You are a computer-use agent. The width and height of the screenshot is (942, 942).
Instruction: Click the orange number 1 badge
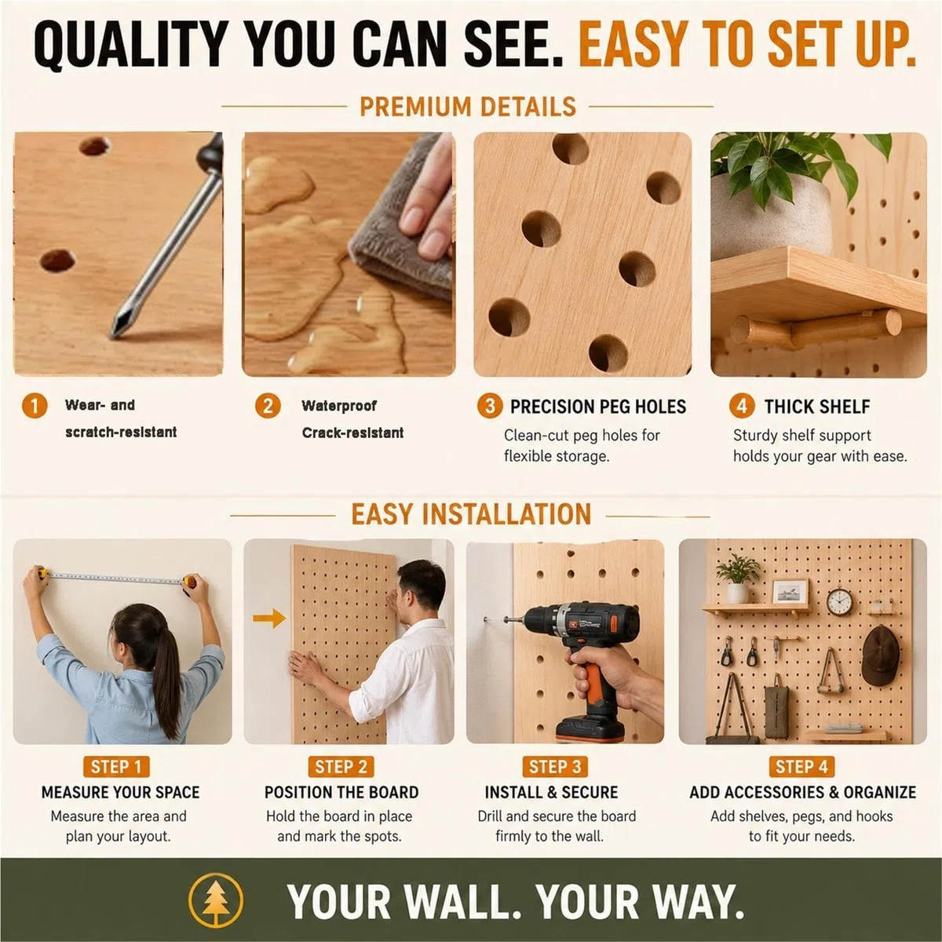35,406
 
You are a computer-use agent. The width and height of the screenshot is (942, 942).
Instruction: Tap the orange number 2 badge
268,406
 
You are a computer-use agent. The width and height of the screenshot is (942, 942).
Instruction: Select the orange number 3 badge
490,406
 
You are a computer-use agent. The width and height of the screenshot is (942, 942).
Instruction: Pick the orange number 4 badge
742,406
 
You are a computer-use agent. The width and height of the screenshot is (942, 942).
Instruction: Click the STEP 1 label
116,766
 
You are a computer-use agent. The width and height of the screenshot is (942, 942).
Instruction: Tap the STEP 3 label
555,766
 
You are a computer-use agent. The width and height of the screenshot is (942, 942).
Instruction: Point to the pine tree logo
216,900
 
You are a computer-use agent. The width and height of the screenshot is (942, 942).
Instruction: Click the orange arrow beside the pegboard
269,619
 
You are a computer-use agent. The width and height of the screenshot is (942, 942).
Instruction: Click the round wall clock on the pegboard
840,602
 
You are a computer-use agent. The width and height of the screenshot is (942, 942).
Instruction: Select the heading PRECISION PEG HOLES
598,407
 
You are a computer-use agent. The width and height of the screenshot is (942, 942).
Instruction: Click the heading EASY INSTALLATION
471,513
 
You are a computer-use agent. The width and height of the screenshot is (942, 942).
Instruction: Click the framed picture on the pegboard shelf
790,593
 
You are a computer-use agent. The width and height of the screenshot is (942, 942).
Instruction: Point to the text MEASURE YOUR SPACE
120,792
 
